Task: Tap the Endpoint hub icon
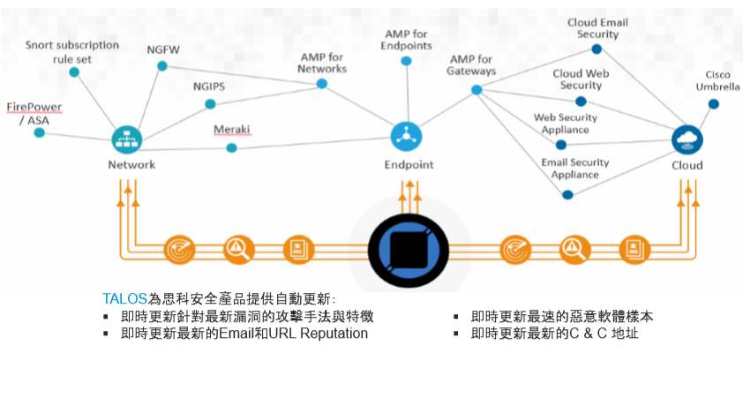point(407,136)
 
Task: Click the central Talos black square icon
point(409,248)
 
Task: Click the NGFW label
point(163,49)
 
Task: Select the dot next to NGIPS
point(210,104)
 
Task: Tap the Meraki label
point(232,130)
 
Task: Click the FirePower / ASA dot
point(39,132)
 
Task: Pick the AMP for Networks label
point(322,62)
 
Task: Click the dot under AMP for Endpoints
point(406,61)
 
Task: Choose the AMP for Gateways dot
point(477,89)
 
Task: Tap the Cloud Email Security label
point(598,28)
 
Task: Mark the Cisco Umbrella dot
point(713,103)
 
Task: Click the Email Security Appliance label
point(575,168)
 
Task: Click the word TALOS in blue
point(124,298)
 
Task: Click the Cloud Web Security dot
point(581,101)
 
